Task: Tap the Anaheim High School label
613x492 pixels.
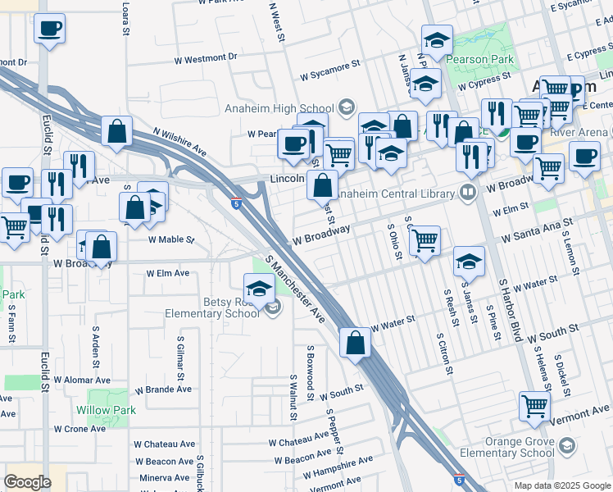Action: (279, 108)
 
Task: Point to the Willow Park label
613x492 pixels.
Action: (106, 409)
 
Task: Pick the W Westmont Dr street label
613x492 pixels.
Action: (206, 58)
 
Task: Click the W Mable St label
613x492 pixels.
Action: (170, 240)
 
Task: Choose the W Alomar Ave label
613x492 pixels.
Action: (82, 380)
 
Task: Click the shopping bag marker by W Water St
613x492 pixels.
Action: (355, 343)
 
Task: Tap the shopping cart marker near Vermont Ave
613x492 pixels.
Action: (534, 405)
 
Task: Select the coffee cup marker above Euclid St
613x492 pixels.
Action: (49, 30)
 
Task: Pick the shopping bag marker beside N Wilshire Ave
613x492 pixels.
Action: (117, 131)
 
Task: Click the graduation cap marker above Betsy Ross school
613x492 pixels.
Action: (259, 288)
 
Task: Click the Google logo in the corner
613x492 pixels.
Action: (27, 481)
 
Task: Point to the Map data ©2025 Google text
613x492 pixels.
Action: (561, 485)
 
